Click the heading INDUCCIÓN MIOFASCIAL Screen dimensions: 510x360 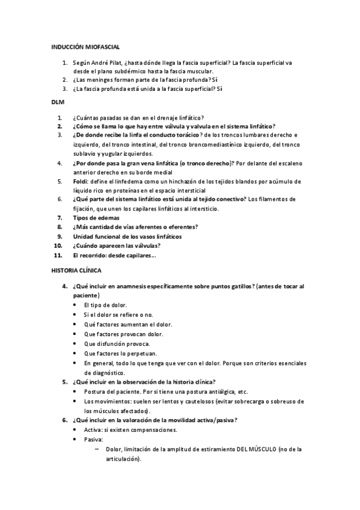[85, 46]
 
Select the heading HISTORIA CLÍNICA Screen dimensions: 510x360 [77, 271]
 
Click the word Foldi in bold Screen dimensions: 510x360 [80, 181]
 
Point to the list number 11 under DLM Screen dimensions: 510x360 [58, 255]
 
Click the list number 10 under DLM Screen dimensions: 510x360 [58, 245]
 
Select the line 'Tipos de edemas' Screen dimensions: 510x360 [96, 217]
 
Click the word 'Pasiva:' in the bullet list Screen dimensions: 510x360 [94, 439]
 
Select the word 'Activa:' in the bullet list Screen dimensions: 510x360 [94, 429]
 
